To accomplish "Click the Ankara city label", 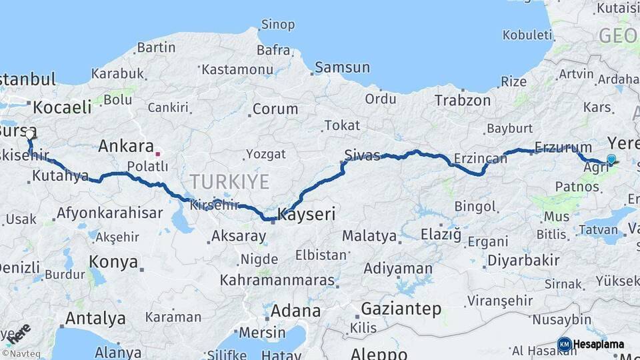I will (125, 146).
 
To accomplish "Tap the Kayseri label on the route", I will (306, 215).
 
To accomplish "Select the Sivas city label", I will (362, 156).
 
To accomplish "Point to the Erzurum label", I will (563, 147).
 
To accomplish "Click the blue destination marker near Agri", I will (611, 159).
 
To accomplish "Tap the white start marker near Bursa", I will (29, 134).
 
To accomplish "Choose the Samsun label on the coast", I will (342, 67).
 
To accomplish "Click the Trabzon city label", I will (463, 101).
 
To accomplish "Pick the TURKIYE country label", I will (229, 181).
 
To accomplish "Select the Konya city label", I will (113, 261).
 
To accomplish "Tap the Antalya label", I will (95, 319).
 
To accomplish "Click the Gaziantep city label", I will (401, 309).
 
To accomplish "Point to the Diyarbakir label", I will (523, 260).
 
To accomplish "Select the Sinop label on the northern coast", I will (277, 25).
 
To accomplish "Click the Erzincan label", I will (481, 158).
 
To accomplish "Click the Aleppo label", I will (379, 353).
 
